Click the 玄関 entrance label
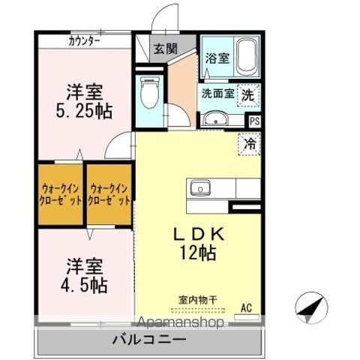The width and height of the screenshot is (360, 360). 165,49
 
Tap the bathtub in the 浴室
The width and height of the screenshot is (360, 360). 247,57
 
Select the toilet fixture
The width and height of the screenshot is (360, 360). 150,92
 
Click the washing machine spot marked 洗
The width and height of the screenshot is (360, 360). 248,95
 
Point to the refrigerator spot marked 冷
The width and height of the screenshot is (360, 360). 250,144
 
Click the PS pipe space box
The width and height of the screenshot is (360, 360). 254,121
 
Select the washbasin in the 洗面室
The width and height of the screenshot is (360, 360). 215,118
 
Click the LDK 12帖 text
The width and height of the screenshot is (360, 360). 199,244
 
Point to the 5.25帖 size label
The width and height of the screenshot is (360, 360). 84,111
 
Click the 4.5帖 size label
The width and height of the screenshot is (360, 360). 84,285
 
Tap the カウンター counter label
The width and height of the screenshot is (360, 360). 84,41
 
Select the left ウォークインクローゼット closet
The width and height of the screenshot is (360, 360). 61,194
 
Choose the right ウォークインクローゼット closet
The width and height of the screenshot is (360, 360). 109,194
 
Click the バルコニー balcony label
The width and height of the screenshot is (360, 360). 149,340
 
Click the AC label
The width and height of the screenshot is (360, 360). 246,308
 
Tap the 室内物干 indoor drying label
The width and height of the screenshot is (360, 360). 198,300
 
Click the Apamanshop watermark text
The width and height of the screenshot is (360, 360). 181,322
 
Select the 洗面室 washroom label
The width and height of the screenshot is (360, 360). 218,94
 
